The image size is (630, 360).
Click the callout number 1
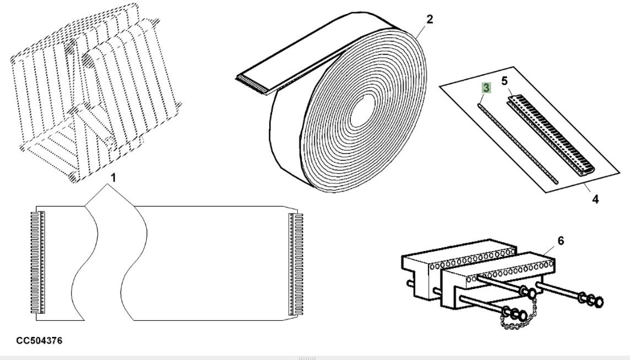[x=114, y=179]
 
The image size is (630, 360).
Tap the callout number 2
[x=430, y=20]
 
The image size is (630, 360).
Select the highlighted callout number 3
[x=486, y=88]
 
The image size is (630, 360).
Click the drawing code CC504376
[x=39, y=341]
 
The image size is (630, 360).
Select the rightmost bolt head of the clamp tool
[x=600, y=302]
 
